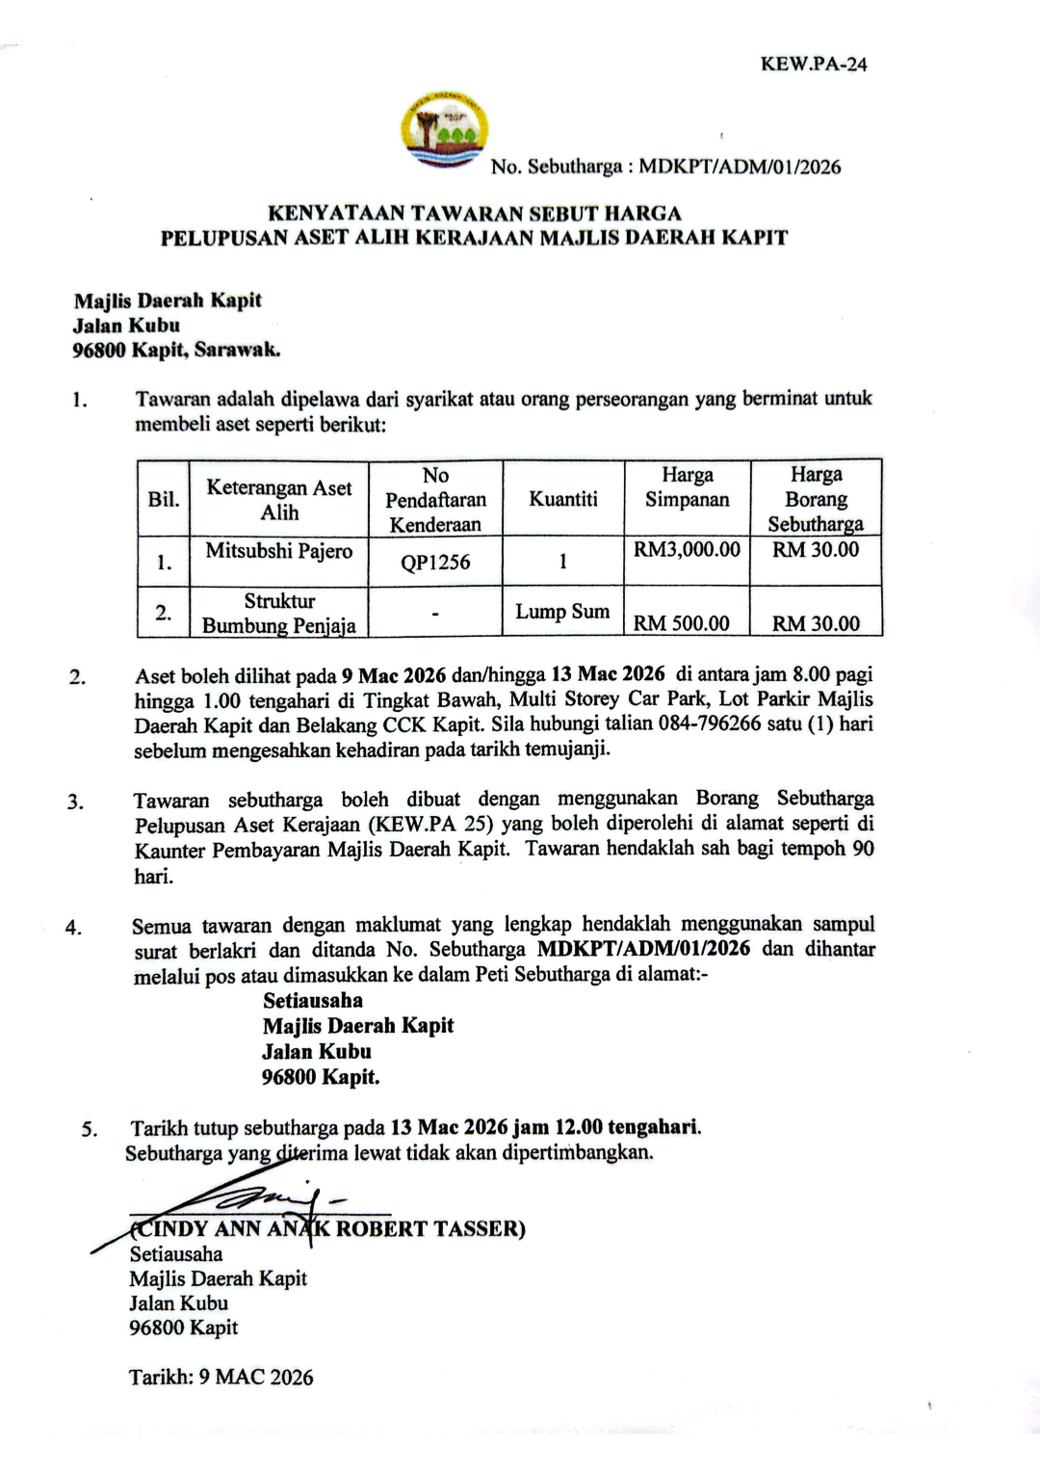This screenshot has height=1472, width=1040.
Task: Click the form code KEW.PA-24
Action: pos(814,65)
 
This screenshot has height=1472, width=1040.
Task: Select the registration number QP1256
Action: pos(435,563)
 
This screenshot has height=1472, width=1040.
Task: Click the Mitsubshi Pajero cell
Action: pos(279,551)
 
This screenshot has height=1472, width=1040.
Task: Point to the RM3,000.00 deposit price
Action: pos(687,550)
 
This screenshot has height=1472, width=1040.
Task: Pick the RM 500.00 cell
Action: pos(681,623)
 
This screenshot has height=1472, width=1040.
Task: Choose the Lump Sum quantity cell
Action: pos(562,612)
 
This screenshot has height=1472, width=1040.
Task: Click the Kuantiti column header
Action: pos(563,499)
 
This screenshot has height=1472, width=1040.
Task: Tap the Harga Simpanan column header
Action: pos(687,487)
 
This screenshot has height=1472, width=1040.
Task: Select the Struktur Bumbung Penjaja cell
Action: pos(279,614)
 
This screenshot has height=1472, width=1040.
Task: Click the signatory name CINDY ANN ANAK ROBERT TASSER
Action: pos(327,1229)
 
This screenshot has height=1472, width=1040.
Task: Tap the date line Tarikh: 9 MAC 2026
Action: pos(221,1378)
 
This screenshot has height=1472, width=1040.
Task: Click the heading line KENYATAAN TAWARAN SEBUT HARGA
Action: pos(474,213)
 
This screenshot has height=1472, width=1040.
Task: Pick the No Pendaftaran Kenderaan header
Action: pos(435,500)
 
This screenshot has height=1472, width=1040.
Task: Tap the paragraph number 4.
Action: pos(73,929)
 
